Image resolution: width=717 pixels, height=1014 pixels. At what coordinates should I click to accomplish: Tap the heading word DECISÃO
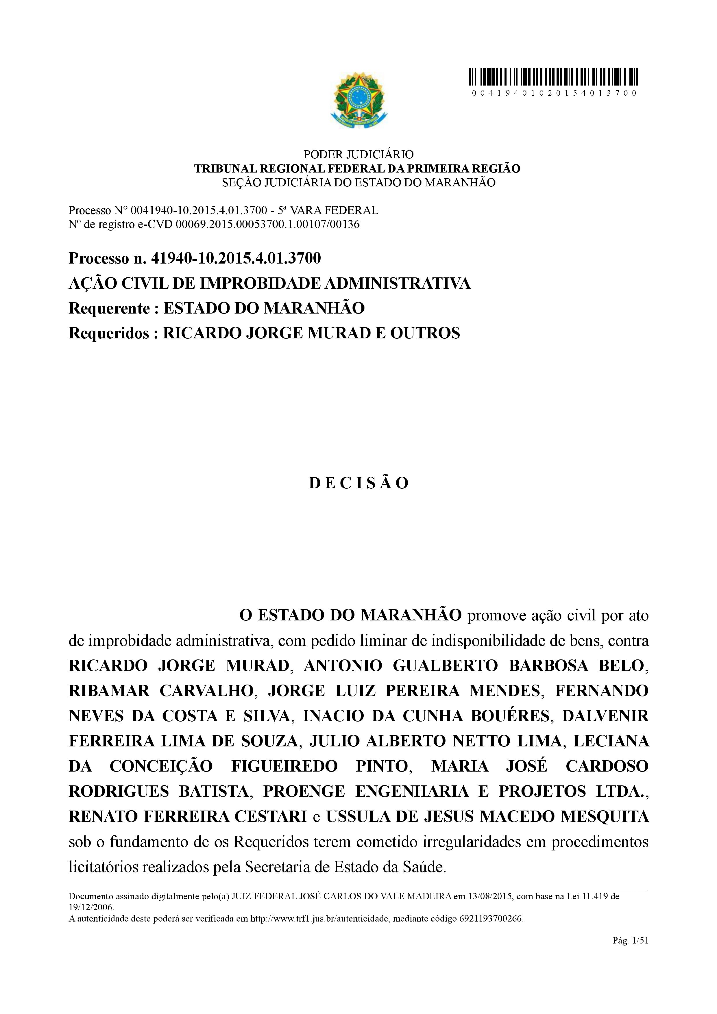[x=359, y=483]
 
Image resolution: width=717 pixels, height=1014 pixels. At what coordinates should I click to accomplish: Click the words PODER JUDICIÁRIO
[x=358, y=155]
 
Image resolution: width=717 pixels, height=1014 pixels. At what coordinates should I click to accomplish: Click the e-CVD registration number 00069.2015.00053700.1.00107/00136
[x=268, y=224]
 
